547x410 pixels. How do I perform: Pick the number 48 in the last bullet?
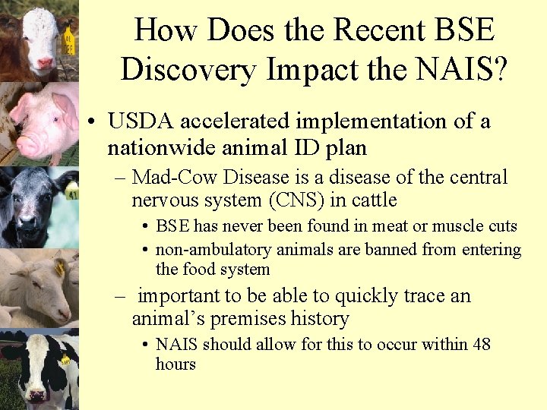[482, 345]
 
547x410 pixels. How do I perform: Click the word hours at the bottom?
[175, 364]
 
